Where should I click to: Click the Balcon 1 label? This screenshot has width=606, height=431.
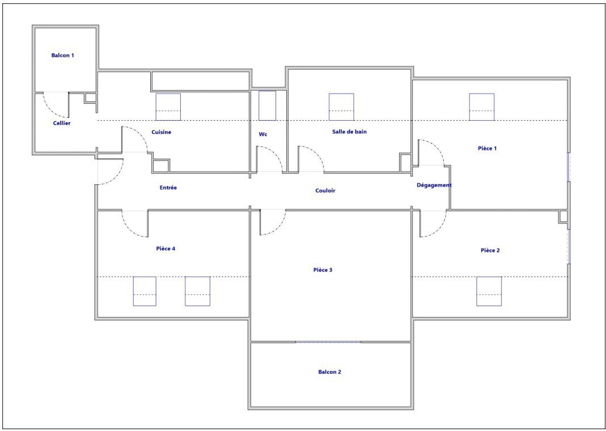point(62,55)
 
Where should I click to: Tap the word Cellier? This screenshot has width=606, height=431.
point(62,123)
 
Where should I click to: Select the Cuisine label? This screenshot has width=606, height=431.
point(161,132)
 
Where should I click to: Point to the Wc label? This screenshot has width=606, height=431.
point(263,134)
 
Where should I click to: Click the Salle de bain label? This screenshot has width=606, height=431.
point(349,132)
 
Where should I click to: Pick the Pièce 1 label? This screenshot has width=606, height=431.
point(487,148)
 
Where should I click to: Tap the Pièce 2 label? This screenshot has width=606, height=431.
point(490,251)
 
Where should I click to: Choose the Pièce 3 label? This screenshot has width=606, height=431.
point(323,270)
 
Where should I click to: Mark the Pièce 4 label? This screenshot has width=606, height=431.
point(166,248)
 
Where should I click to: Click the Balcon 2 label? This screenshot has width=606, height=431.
point(330,372)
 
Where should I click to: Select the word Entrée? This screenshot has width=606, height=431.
point(168,188)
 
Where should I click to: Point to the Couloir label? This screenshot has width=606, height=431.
point(325,191)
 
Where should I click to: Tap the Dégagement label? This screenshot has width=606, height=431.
point(434,185)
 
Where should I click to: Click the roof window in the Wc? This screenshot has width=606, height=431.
point(268,105)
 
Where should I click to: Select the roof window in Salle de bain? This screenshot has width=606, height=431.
point(341,107)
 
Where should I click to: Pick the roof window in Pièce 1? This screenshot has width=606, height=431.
point(481,107)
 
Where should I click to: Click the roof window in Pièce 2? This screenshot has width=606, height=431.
point(489,291)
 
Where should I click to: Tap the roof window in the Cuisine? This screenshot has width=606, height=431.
point(168,107)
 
